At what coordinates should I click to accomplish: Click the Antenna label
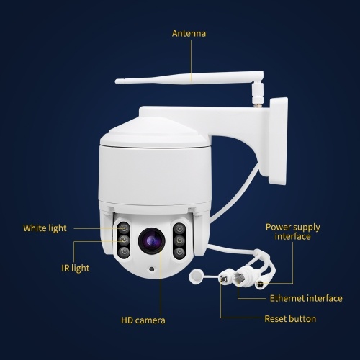click(x=189, y=33)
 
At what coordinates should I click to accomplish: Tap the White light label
click(x=45, y=228)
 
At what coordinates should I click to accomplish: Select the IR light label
click(x=76, y=268)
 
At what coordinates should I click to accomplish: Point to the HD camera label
click(x=143, y=320)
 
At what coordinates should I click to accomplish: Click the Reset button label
click(x=290, y=319)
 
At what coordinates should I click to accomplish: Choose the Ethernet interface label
click(x=306, y=298)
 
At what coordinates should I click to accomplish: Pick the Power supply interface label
click(x=293, y=232)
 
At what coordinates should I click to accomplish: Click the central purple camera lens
click(x=151, y=240)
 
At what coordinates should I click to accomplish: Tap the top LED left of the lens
click(x=124, y=228)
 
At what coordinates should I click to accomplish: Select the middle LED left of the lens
click(x=124, y=240)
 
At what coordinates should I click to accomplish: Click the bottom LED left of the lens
click(x=124, y=252)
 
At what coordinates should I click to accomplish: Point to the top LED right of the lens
click(x=179, y=228)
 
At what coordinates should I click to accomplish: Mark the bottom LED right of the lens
click(x=179, y=252)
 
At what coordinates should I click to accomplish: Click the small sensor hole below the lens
click(x=151, y=269)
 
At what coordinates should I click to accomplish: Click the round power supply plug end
click(x=260, y=284)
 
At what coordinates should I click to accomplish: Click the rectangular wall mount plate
click(x=279, y=141)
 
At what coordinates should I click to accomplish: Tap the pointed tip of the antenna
click(x=116, y=81)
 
